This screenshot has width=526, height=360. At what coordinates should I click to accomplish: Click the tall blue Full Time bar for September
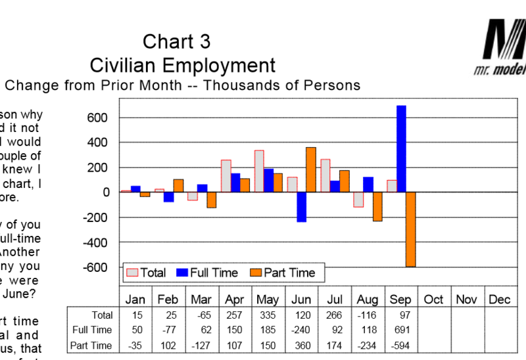(401, 148)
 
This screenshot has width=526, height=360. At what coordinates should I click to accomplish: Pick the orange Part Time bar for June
(311, 169)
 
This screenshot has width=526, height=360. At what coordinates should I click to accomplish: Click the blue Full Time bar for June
(301, 207)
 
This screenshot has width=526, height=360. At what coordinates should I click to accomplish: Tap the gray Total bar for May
(259, 171)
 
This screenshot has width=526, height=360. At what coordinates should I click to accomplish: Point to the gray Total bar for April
(226, 175)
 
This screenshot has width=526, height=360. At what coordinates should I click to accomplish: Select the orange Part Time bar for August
(377, 206)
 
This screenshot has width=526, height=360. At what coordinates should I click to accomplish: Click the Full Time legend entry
(209, 273)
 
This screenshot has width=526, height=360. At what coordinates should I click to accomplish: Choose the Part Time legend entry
(282, 273)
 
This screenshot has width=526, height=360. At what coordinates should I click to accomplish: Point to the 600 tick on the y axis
(97, 118)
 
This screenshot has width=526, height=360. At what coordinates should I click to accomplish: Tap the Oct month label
(434, 300)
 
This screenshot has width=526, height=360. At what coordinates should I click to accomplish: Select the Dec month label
(500, 300)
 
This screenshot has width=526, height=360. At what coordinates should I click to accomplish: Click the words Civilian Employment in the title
(182, 65)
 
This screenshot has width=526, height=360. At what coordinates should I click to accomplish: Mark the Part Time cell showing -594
(400, 346)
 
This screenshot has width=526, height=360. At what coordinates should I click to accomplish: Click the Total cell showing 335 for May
(268, 315)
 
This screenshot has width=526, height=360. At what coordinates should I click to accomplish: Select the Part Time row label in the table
(93, 346)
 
